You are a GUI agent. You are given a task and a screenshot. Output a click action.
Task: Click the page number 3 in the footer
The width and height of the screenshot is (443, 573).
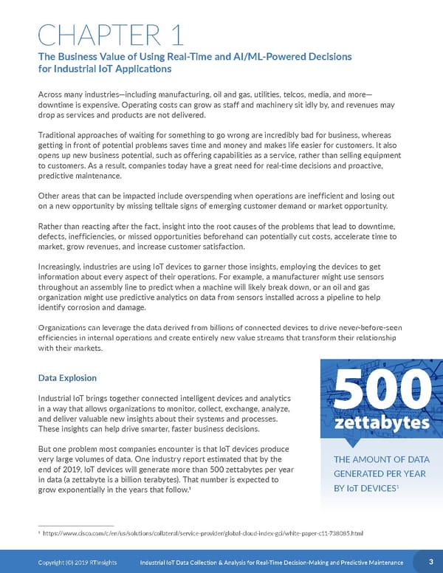click(x=430, y=562)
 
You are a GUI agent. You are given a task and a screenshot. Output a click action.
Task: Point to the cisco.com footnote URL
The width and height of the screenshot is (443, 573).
click(x=204, y=532)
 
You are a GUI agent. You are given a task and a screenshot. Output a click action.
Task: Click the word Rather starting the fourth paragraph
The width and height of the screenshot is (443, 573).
click(x=51, y=224)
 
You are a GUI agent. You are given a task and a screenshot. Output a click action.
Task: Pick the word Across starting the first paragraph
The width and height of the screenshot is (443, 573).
click(x=52, y=95)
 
